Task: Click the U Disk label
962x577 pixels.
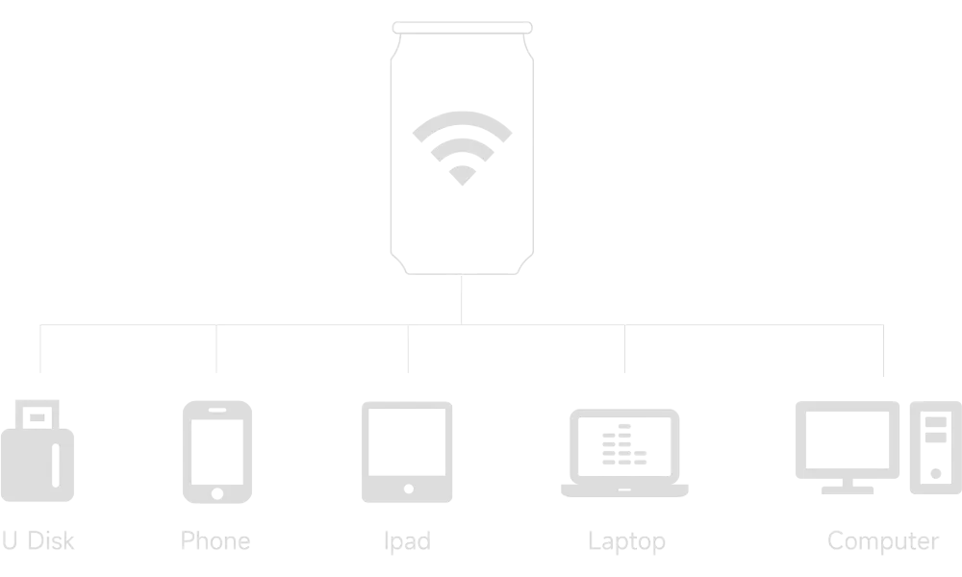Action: point(38,540)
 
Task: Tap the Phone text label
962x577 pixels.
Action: point(215,540)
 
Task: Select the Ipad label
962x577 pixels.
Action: point(407,541)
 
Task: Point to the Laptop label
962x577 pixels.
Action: point(626,541)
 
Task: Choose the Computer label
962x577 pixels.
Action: point(883,541)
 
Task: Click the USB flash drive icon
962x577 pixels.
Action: point(38,451)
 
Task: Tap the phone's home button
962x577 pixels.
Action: point(217,493)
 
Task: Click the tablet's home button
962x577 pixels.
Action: point(409,489)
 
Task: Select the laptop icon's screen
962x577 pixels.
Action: point(624,446)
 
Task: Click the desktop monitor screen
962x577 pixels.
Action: point(848,439)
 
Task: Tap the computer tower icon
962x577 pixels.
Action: point(936,447)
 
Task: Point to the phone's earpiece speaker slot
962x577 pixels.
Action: point(217,410)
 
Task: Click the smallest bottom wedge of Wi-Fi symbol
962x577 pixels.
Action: point(462,175)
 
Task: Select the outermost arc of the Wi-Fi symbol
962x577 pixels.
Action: point(462,117)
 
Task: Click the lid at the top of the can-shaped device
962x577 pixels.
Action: point(462,28)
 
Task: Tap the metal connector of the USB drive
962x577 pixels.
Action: point(37,414)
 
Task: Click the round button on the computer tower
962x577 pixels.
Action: point(936,473)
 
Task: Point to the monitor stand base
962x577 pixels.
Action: point(848,489)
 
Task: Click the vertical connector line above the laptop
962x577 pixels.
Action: point(624,348)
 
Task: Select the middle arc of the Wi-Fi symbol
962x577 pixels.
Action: point(462,144)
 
